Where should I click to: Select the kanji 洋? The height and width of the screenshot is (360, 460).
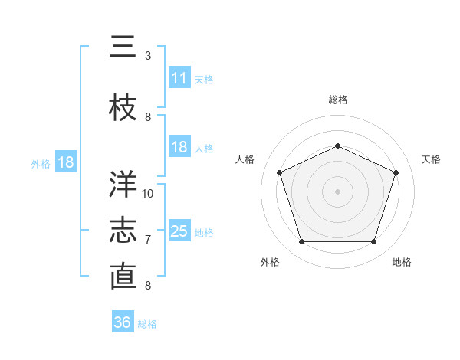tap(123, 184)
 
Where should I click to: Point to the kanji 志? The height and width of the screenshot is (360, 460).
tap(123, 231)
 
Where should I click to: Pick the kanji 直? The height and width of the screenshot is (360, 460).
tap(123, 277)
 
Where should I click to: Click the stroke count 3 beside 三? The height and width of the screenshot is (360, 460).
tap(148, 56)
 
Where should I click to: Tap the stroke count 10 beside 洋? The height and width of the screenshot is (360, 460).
tap(148, 194)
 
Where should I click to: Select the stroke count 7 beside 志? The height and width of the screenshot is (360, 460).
tap(148, 240)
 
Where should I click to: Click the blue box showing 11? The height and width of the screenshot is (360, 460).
tap(179, 78)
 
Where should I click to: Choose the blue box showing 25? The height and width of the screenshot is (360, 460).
tap(179, 231)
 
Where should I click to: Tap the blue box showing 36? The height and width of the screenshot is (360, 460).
tap(123, 322)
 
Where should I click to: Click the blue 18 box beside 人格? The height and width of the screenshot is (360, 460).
tap(179, 147)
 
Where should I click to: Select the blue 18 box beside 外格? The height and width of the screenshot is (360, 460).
tap(66, 162)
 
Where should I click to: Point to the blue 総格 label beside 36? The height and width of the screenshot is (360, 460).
tap(147, 324)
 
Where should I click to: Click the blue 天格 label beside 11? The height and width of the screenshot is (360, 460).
tap(204, 80)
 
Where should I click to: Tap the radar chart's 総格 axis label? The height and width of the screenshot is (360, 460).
tap(337, 100)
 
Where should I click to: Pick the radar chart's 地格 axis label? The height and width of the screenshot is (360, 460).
tap(402, 262)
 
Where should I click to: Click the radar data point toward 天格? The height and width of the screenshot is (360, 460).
tap(396, 172)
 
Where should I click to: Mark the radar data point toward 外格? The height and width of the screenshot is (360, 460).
tap(301, 242)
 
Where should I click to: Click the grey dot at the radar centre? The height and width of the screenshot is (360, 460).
tap(337, 191)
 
